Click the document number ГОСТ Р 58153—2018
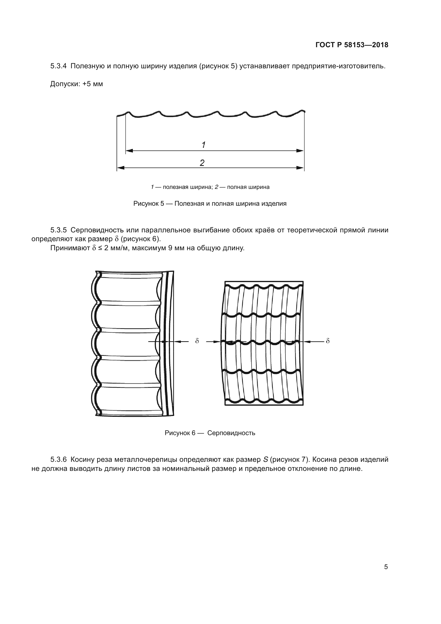click(352, 45)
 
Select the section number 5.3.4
click(58, 66)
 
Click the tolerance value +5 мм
click(93, 84)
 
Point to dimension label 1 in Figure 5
click(204, 145)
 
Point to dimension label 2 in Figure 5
click(202, 162)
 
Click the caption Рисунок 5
click(148, 204)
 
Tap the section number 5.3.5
click(58, 230)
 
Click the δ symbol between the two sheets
click(197, 341)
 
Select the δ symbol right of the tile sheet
click(328, 341)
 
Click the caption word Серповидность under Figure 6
click(231, 433)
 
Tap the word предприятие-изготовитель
click(338, 66)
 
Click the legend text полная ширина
click(248, 187)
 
